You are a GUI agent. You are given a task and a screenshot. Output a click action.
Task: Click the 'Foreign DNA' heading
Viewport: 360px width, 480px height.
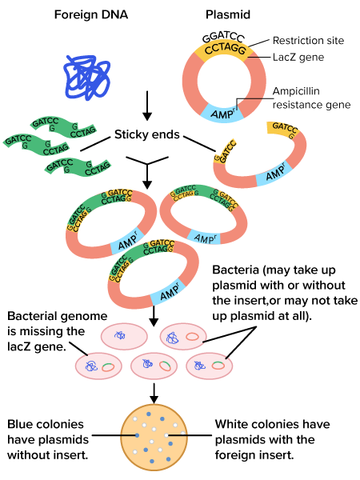tap(91, 14)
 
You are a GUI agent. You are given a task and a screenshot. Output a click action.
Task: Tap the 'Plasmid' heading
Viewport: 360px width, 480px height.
tap(228, 14)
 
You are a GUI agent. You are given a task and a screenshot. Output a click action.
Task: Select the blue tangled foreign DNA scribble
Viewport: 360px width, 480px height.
tap(87, 78)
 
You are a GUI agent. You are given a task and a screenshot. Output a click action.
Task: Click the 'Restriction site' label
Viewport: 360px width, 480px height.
tap(308, 41)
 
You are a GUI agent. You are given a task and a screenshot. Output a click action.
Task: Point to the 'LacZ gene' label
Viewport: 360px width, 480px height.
tap(298, 58)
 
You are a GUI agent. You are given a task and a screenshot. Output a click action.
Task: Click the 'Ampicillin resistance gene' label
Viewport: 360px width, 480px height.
tap(311, 98)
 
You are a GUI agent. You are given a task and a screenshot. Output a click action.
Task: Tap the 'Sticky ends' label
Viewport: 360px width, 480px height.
tap(147, 134)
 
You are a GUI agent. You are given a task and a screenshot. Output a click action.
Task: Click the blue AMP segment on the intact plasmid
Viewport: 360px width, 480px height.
tap(222, 114)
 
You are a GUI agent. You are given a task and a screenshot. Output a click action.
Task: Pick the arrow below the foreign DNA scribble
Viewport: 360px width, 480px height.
tap(147, 106)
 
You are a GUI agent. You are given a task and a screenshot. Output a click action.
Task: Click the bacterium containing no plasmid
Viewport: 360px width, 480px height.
tap(124, 336)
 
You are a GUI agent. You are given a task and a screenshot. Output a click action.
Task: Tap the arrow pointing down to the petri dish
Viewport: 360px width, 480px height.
tap(154, 393)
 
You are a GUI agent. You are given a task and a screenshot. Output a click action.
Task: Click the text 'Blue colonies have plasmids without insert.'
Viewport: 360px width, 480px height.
tap(48, 439)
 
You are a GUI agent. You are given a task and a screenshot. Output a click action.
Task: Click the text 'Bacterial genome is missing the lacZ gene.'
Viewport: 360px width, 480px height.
tap(58, 331)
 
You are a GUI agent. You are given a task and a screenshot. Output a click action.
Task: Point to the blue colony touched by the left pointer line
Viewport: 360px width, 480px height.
tap(137, 435)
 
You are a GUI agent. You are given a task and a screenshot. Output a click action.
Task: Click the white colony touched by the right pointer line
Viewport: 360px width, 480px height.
tap(166, 435)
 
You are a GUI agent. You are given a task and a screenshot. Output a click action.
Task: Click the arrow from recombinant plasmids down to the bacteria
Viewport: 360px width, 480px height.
tap(154, 316)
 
